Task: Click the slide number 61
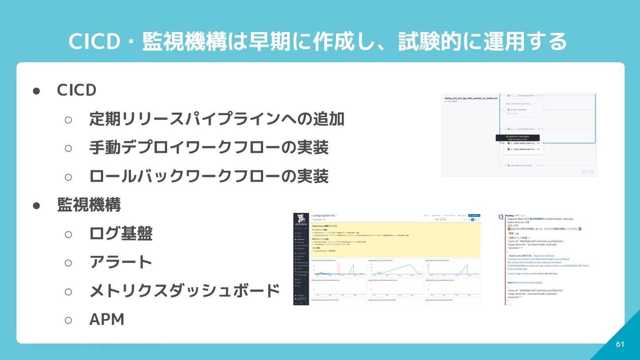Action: (x=620, y=344)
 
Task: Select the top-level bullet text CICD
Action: (x=76, y=90)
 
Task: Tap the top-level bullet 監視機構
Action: (x=89, y=205)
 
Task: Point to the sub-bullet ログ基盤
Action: (x=121, y=233)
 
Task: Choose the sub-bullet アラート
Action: (x=121, y=262)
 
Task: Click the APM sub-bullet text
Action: (x=107, y=319)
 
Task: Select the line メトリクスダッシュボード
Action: (x=184, y=291)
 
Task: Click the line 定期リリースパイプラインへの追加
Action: (x=217, y=119)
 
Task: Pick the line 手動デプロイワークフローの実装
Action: (x=209, y=148)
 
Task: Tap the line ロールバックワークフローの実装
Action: (x=209, y=176)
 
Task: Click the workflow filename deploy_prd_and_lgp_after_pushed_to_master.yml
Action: (x=471, y=98)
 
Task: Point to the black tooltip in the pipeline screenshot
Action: (x=517, y=138)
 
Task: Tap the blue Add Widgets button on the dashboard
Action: (x=474, y=215)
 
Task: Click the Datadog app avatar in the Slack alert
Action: (x=501, y=216)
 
